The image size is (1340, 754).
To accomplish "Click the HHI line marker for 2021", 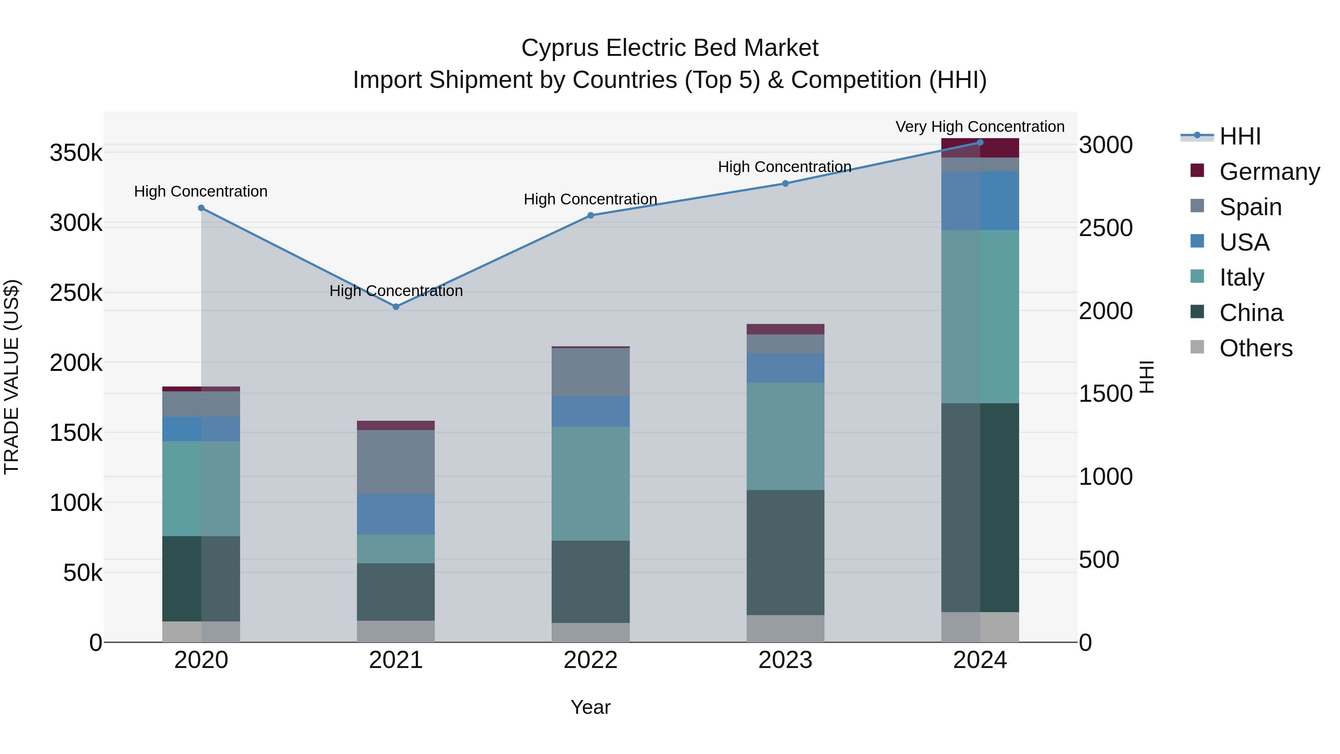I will [x=396, y=307].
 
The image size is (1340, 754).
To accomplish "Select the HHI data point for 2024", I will [x=980, y=142].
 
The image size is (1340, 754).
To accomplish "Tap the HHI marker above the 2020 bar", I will [x=201, y=208].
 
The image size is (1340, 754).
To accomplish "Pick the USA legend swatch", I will [x=1197, y=241].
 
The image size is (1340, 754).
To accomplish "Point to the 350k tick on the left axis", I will [x=76, y=153].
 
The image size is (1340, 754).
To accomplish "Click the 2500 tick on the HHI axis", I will [x=1105, y=228].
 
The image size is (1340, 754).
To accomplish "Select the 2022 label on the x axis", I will [x=590, y=660].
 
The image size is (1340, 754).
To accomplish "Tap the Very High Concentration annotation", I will [x=980, y=127].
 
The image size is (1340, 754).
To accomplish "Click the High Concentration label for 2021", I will [x=396, y=291].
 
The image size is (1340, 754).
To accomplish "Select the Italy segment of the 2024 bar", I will [x=980, y=316].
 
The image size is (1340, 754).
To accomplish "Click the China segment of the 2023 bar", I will [x=785, y=552].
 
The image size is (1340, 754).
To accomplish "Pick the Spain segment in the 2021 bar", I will [x=396, y=462].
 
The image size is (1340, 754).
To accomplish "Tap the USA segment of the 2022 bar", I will [x=590, y=411].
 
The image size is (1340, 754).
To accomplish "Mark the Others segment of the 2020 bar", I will [x=201, y=632].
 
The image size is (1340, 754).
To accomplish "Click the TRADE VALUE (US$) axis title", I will [x=12, y=377].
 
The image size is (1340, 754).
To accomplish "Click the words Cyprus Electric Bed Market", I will [x=670, y=48].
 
